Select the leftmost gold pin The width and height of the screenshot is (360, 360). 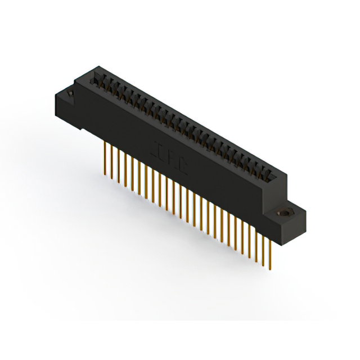(x=106, y=157)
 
